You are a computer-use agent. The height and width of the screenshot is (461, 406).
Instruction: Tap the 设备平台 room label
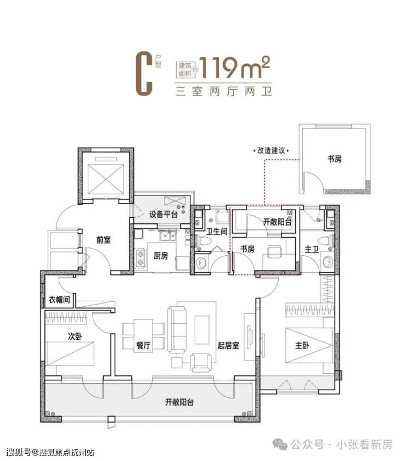[163, 215]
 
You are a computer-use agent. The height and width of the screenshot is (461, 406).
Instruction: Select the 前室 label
[104, 240]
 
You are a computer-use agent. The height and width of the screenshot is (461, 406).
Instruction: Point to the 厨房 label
[161, 256]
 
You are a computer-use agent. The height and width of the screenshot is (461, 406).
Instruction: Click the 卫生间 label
[217, 232]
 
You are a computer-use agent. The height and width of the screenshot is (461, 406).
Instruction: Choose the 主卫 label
[312, 250]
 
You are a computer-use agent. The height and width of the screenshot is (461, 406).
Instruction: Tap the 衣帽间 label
[59, 300]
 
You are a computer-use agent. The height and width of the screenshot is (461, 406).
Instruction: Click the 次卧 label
[75, 336]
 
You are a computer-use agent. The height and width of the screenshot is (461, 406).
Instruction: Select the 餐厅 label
[143, 345]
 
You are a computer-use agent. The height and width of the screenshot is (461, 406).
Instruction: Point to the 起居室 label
[228, 345]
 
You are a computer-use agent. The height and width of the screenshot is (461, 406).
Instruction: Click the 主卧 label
[302, 345]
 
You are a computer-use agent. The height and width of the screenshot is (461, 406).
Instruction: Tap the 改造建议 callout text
[271, 150]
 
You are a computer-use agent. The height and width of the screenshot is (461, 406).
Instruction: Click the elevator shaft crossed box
[106, 179]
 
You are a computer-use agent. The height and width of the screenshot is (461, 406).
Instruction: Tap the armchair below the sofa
[201, 363]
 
